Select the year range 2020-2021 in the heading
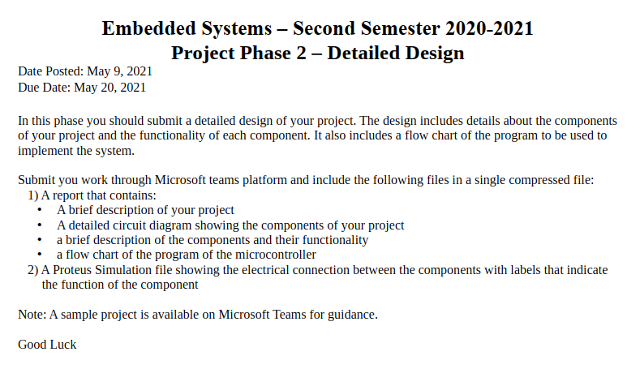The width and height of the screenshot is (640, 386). pos(489,28)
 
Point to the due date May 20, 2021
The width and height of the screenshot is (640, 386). pos(110,88)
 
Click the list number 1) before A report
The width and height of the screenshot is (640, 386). pos(33,195)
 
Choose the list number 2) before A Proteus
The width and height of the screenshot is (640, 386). pos(33,270)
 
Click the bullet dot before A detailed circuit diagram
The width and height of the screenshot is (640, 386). pos(40,225)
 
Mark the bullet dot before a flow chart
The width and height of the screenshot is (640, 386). pos(40,254)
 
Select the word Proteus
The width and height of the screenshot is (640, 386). pos(72,270)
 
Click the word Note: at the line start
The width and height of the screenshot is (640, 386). pos(32,315)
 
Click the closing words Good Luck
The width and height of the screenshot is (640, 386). pos(47,345)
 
